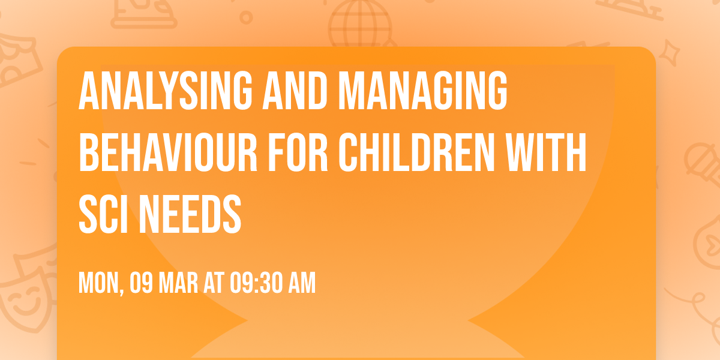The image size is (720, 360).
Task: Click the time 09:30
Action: (256, 283)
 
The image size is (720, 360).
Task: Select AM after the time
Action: (301, 283)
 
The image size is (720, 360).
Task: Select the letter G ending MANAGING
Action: (493, 92)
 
